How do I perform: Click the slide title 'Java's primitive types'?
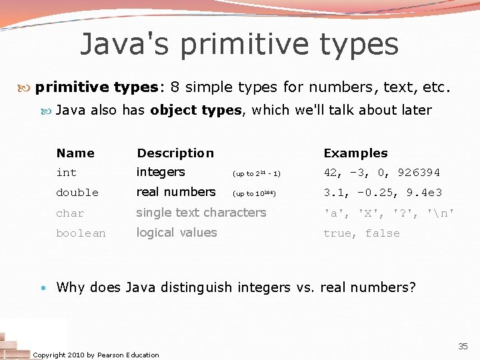pyautogui.click(x=239, y=44)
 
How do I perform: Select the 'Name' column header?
pyautogui.click(x=75, y=153)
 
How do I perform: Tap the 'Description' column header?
pyautogui.click(x=175, y=153)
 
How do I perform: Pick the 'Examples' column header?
pyautogui.click(x=355, y=153)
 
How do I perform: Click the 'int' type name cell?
pyautogui.click(x=67, y=173)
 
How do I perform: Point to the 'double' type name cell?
pyautogui.click(x=77, y=193)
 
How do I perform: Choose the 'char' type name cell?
pyautogui.click(x=70, y=213)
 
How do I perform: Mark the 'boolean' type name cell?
pyautogui.click(x=81, y=233)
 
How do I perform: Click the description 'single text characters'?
pyautogui.click(x=201, y=213)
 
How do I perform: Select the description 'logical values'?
pyautogui.click(x=177, y=233)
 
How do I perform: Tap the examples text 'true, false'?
pyautogui.click(x=361, y=233)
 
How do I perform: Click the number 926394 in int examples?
pyautogui.click(x=419, y=173)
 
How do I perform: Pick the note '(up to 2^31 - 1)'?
pyautogui.click(x=256, y=174)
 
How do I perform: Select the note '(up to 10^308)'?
pyautogui.click(x=254, y=194)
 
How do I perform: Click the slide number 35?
pyautogui.click(x=463, y=346)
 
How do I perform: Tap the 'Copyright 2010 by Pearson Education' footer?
pyautogui.click(x=96, y=355)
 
